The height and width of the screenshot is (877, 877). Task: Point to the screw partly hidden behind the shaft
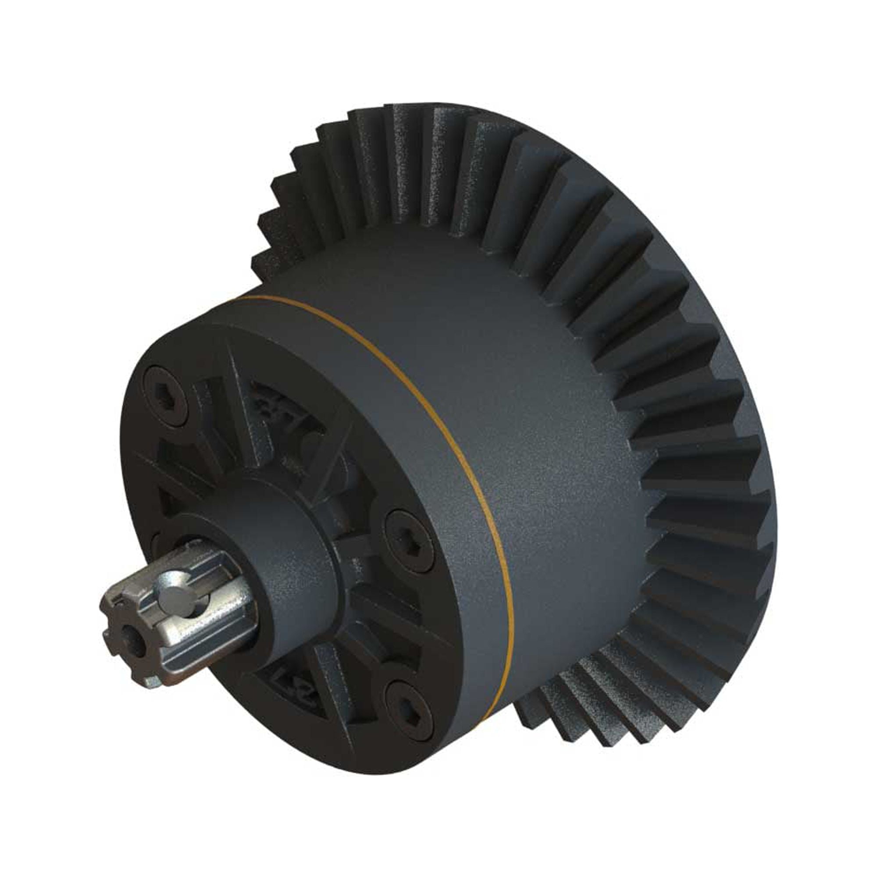click(x=157, y=542)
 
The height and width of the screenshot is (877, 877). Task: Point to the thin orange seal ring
click(x=454, y=454)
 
